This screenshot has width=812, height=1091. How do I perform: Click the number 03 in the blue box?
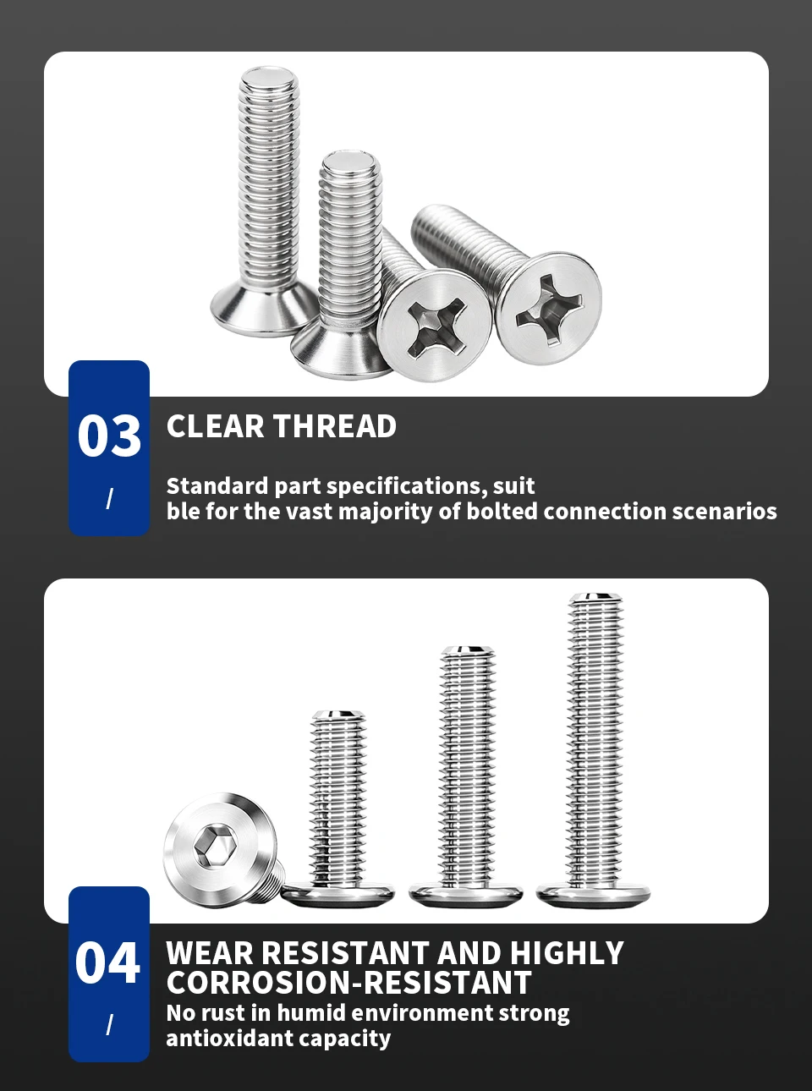pos(109,436)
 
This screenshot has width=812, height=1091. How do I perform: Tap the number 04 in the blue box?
pos(107,962)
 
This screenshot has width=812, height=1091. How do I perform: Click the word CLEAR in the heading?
pos(216,426)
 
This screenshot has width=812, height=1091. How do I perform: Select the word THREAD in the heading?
pos(335,426)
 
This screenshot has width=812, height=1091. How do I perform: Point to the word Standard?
pos(217,486)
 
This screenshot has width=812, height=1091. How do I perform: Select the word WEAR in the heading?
pos(209,953)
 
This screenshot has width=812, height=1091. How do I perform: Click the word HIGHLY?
pos(567,953)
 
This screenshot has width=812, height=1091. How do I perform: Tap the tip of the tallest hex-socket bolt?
pos(595,596)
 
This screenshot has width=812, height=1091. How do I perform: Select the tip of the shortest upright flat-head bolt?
pos(338,714)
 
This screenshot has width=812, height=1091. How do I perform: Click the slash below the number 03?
pos(109,499)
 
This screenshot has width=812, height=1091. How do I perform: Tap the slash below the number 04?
pos(109,1025)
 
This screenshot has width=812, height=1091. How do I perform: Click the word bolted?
pos(502,511)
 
